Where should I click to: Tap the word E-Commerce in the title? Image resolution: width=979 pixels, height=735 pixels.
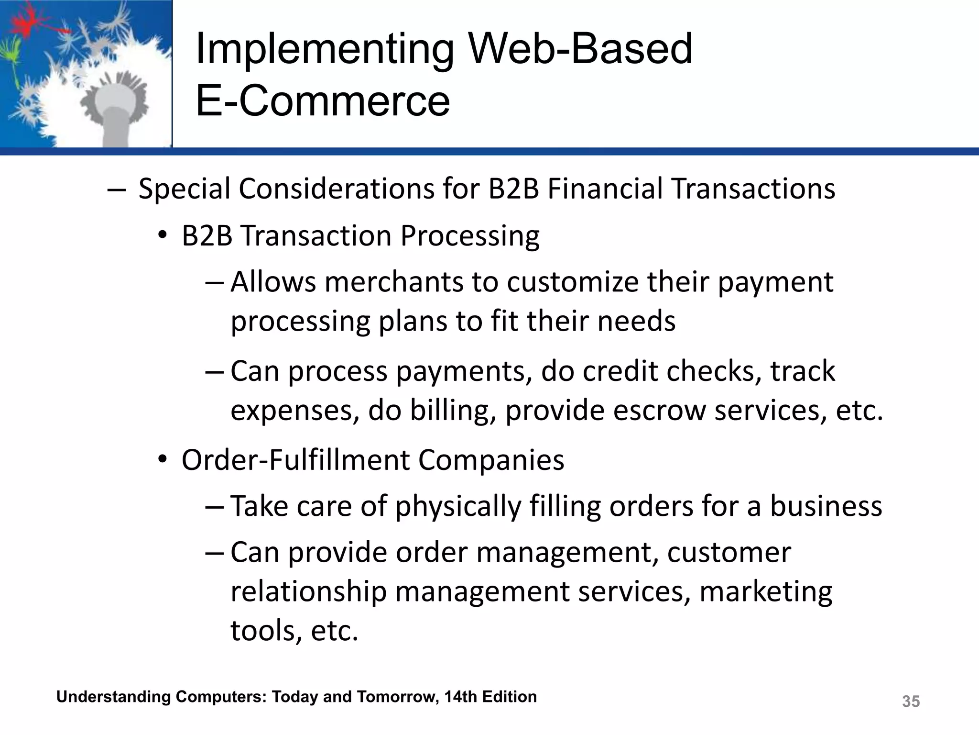(323, 101)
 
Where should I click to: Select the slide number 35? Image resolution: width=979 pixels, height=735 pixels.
(911, 702)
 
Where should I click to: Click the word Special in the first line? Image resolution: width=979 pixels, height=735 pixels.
(184, 189)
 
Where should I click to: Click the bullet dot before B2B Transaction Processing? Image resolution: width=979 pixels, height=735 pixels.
(163, 235)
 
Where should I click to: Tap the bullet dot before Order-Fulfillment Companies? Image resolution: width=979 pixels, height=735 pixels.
(163, 459)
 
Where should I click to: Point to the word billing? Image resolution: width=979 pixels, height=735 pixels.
(453, 410)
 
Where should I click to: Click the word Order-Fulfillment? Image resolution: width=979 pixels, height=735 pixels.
(295, 460)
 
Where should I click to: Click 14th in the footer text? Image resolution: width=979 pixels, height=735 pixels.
(460, 697)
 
